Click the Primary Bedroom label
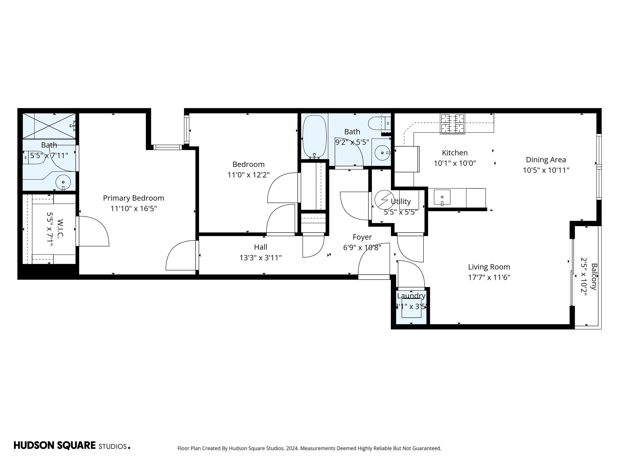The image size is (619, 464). [x=133, y=198]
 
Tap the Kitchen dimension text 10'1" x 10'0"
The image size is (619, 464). [x=455, y=163]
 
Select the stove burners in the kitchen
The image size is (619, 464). [x=452, y=124]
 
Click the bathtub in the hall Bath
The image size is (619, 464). [x=315, y=137]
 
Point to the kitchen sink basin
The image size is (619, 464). [x=442, y=197]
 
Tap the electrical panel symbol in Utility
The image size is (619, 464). [x=384, y=199]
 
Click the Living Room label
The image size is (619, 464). [x=489, y=267]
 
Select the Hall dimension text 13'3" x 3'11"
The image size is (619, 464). [x=260, y=258]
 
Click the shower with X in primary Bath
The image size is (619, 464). [x=49, y=126]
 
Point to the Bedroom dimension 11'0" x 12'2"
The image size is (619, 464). [x=248, y=175]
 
